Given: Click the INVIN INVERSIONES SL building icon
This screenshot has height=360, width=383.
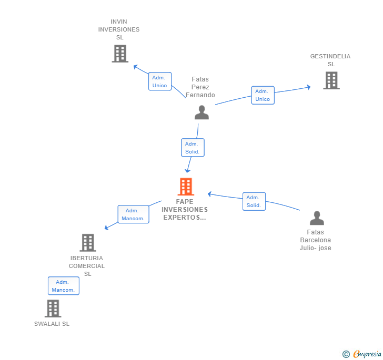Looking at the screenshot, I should coord(120,53).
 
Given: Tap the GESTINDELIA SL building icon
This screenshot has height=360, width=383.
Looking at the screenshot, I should coord(331,80).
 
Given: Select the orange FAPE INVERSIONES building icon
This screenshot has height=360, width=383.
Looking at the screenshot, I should coord(185,187).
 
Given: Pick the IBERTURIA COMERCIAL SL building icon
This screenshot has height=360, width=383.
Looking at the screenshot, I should coord(87,243).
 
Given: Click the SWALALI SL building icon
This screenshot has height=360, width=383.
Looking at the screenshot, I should coord(53,308).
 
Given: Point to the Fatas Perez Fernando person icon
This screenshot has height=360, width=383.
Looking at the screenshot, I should coord(201,112).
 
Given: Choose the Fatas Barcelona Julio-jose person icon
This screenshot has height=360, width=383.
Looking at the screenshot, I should coord(316,218).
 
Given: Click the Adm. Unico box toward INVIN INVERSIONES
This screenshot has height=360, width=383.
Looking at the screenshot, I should coord(160,81).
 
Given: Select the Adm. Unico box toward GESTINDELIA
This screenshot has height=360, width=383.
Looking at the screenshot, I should coord(263,95).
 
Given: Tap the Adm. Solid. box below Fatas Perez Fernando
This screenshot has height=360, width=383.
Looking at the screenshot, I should coord(192,148).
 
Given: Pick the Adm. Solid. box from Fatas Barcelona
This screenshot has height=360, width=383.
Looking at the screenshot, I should coord(254,201).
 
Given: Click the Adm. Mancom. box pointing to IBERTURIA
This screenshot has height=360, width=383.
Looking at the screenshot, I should coord(133,214).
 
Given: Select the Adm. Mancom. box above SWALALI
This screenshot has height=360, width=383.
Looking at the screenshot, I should coord(63,286).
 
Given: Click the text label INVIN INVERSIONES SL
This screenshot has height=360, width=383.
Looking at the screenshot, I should coord(119,29).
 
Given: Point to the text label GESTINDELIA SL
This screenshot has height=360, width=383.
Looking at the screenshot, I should coord(330,60).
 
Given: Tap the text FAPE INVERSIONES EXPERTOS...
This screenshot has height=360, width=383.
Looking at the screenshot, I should coord(184,209).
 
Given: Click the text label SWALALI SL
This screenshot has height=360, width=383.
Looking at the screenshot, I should coord(52,324).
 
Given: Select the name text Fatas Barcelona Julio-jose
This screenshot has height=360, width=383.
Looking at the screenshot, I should coord(316,240).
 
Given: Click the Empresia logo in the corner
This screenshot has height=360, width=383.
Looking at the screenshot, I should coord(362,354).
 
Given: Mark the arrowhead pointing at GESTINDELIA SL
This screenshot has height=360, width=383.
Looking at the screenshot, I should coord(308,87).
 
